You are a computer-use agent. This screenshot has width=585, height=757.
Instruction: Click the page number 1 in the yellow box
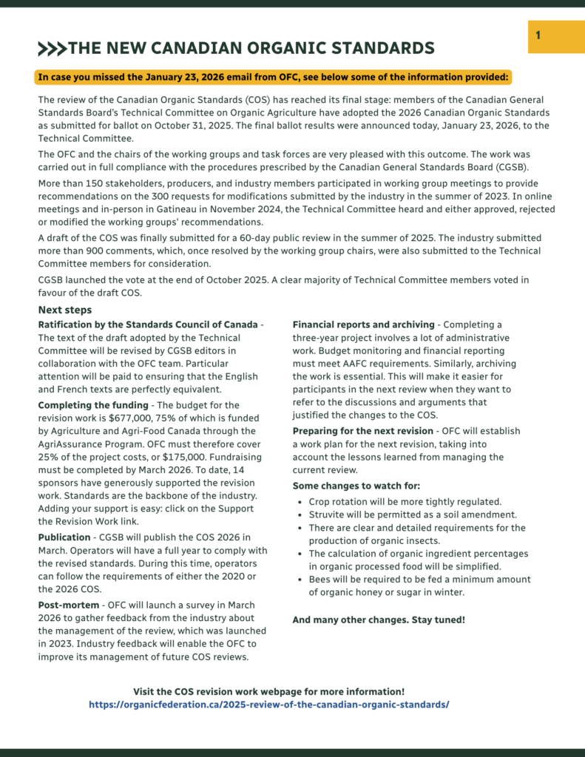pyautogui.click(x=538, y=35)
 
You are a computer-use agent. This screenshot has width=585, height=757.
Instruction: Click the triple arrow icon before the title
pyautogui.click(x=52, y=50)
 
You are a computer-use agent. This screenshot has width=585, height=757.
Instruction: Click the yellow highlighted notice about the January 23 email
pyautogui.click(x=273, y=76)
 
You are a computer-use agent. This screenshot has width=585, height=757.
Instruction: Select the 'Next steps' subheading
pyautogui.click(x=65, y=310)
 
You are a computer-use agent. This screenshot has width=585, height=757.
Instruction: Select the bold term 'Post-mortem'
pyautogui.click(x=69, y=605)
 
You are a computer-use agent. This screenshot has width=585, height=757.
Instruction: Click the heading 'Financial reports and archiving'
pyautogui.click(x=364, y=325)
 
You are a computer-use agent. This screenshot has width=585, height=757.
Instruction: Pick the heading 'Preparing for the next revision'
pyautogui.click(x=363, y=431)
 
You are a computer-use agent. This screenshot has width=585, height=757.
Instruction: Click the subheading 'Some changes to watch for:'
pyautogui.click(x=356, y=486)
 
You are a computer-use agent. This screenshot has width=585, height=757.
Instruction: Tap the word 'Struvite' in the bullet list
pyautogui.click(x=328, y=515)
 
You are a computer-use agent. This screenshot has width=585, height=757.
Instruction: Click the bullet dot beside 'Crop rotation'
pyautogui.click(x=300, y=502)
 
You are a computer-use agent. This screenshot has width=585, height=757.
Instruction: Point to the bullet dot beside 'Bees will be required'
pyautogui.click(x=300, y=580)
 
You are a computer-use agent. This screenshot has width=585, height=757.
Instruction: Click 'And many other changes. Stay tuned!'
pyautogui.click(x=379, y=619)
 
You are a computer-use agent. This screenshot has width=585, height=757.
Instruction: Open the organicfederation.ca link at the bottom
pyautogui.click(x=268, y=705)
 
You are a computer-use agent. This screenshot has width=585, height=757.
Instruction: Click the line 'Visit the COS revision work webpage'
pyautogui.click(x=268, y=691)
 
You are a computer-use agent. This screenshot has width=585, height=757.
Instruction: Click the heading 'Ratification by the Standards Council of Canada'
pyautogui.click(x=148, y=325)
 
